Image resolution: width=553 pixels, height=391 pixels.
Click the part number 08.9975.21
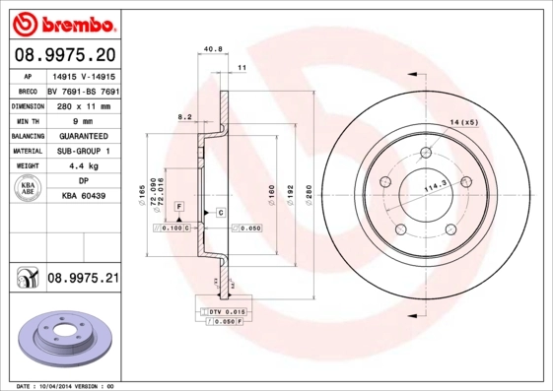tap(83, 280)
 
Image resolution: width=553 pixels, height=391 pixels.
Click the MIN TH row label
tap(27, 120)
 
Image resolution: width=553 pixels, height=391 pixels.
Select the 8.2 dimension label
tap(183, 117)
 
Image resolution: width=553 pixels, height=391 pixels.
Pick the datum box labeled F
tap(179, 204)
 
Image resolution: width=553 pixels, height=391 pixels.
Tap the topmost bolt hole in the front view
tap(428, 152)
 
